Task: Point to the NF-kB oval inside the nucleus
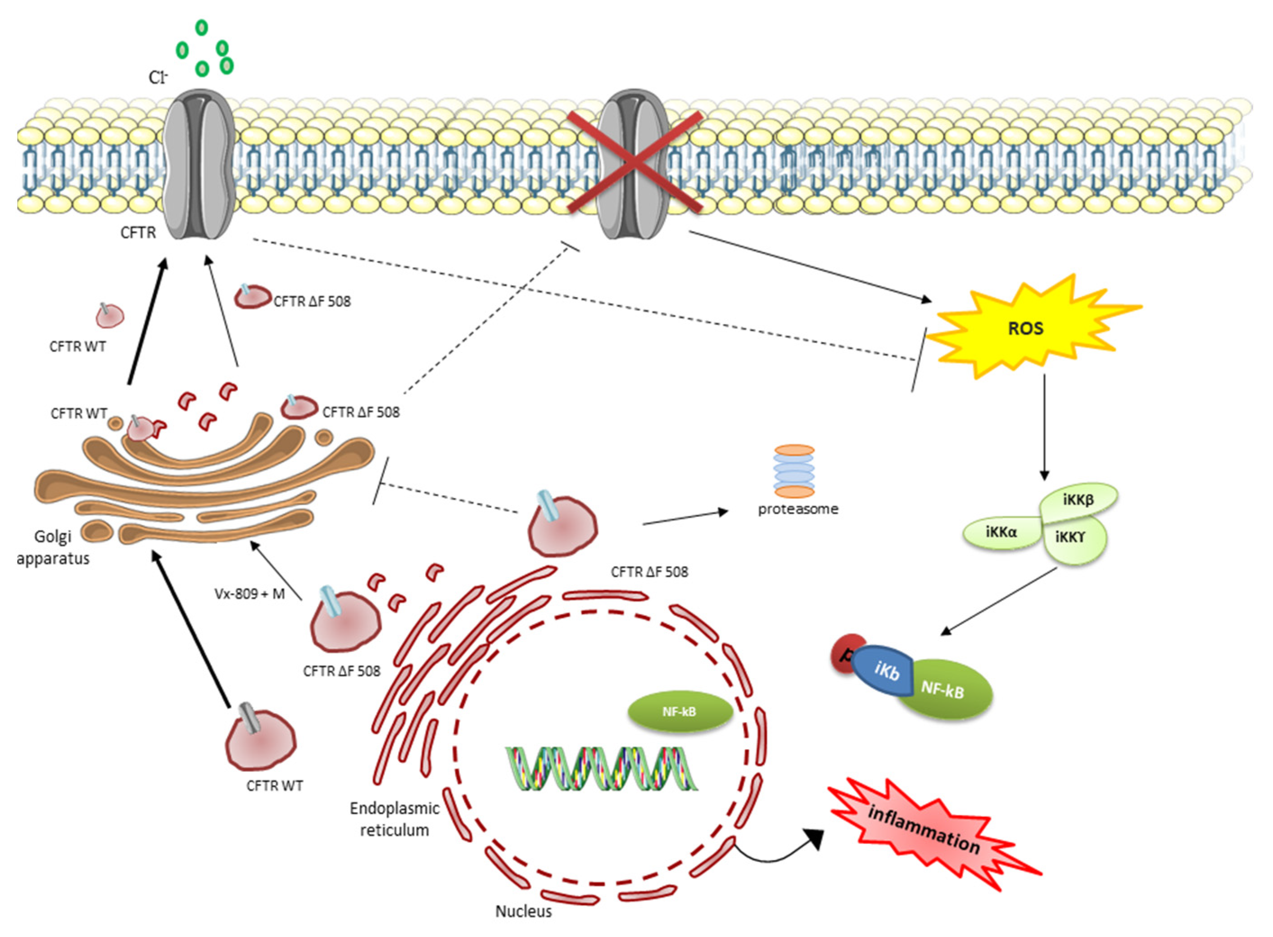pos(680,712)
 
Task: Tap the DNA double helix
pos(601,769)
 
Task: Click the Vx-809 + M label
pos(249,594)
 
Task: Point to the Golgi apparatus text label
pos(53,548)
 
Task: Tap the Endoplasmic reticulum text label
pos(394,819)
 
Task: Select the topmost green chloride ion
pos(201,27)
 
